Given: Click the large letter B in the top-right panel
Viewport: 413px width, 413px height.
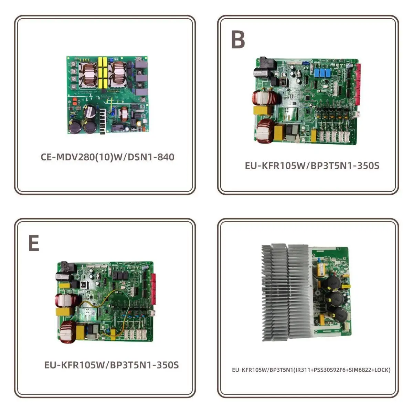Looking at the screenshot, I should click(x=238, y=40).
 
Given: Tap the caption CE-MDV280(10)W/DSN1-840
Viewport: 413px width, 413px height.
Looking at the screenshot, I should click(x=107, y=157).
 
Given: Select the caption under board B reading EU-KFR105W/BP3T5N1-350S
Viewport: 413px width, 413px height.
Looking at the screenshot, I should click(x=312, y=166).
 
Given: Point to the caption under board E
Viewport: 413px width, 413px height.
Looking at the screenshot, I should click(x=112, y=365).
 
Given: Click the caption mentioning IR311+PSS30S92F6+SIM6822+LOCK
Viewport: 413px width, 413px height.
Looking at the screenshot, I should click(x=311, y=370).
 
